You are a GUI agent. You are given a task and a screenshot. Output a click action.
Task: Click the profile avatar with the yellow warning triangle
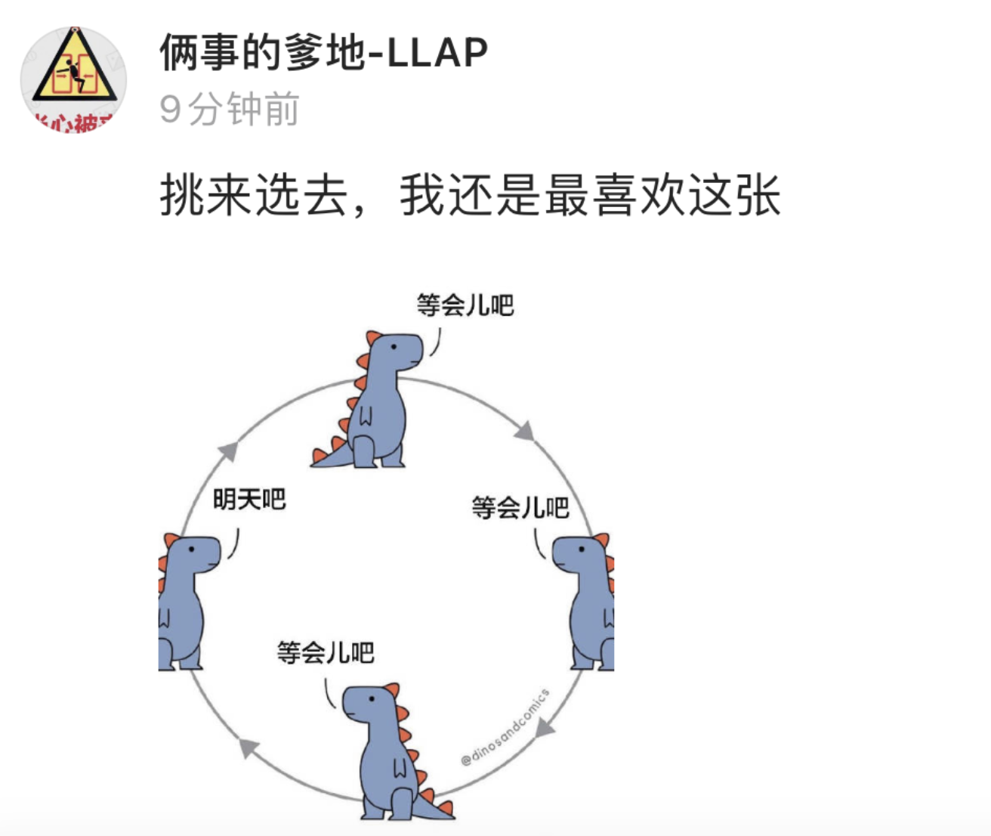(73, 79)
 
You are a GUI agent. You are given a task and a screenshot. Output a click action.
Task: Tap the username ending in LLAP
(323, 53)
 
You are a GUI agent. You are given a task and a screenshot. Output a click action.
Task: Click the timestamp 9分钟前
(229, 110)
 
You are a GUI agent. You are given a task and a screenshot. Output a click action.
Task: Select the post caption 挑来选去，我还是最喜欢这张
(469, 195)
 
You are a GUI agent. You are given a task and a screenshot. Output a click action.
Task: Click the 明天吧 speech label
(249, 499)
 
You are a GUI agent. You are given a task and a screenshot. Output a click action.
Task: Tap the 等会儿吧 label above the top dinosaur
(465, 305)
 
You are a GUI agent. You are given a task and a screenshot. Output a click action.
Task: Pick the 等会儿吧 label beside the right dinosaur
(520, 507)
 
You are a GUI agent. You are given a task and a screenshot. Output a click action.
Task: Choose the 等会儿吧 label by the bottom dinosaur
(326, 652)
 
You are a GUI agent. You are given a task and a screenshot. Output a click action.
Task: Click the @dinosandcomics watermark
(505, 727)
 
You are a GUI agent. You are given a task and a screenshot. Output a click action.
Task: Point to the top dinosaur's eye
(394, 345)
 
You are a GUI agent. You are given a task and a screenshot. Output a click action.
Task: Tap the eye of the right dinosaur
(582, 549)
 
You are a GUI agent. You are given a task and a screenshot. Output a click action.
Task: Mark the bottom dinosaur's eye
(372, 699)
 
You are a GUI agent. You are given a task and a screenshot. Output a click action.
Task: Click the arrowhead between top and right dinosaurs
(525, 432)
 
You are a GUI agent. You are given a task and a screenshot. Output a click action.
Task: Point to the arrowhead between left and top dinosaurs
(228, 451)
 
